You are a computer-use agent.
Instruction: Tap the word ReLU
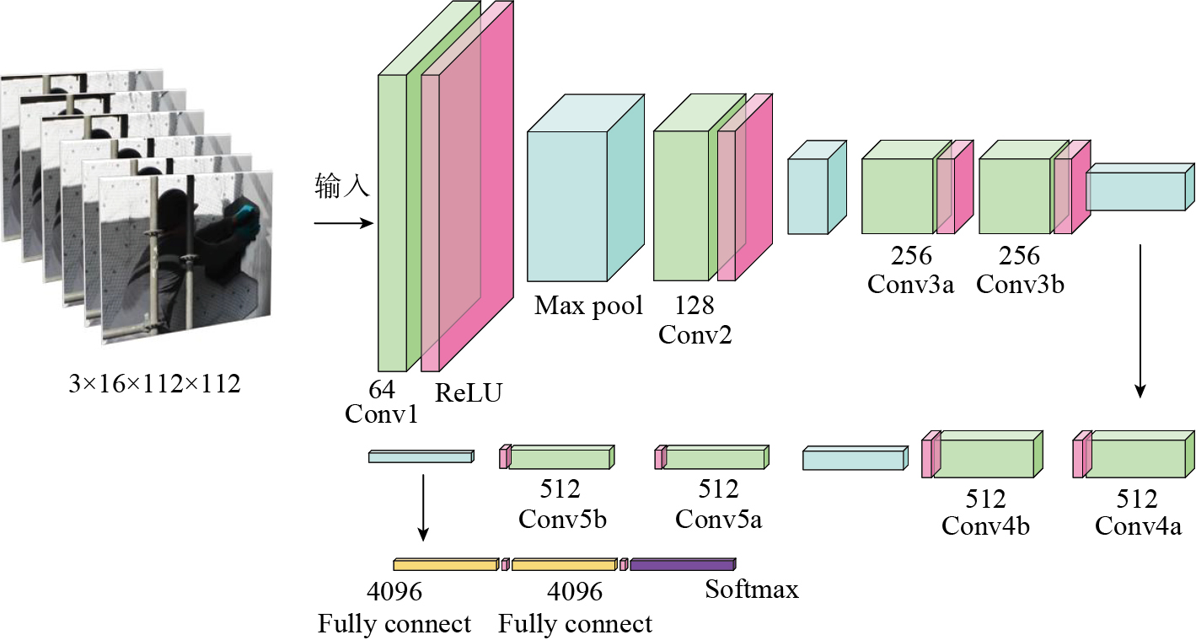point(468,392)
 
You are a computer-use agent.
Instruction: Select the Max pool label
point(588,305)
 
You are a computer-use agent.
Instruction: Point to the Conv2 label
point(695,334)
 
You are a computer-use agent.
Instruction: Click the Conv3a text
point(911,284)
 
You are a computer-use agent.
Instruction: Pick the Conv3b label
point(1020,284)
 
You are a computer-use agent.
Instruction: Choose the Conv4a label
point(1138,526)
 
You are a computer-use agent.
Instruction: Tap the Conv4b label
point(985,526)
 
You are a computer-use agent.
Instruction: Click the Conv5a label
point(719,519)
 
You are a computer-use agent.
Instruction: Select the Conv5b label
point(563,519)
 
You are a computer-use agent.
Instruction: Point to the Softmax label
point(752,589)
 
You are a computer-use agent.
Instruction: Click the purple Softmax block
point(682,565)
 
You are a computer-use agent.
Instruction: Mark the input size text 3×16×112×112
point(154,385)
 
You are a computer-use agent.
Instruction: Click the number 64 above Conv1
point(382,389)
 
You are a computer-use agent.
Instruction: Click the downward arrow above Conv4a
point(1140,321)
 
